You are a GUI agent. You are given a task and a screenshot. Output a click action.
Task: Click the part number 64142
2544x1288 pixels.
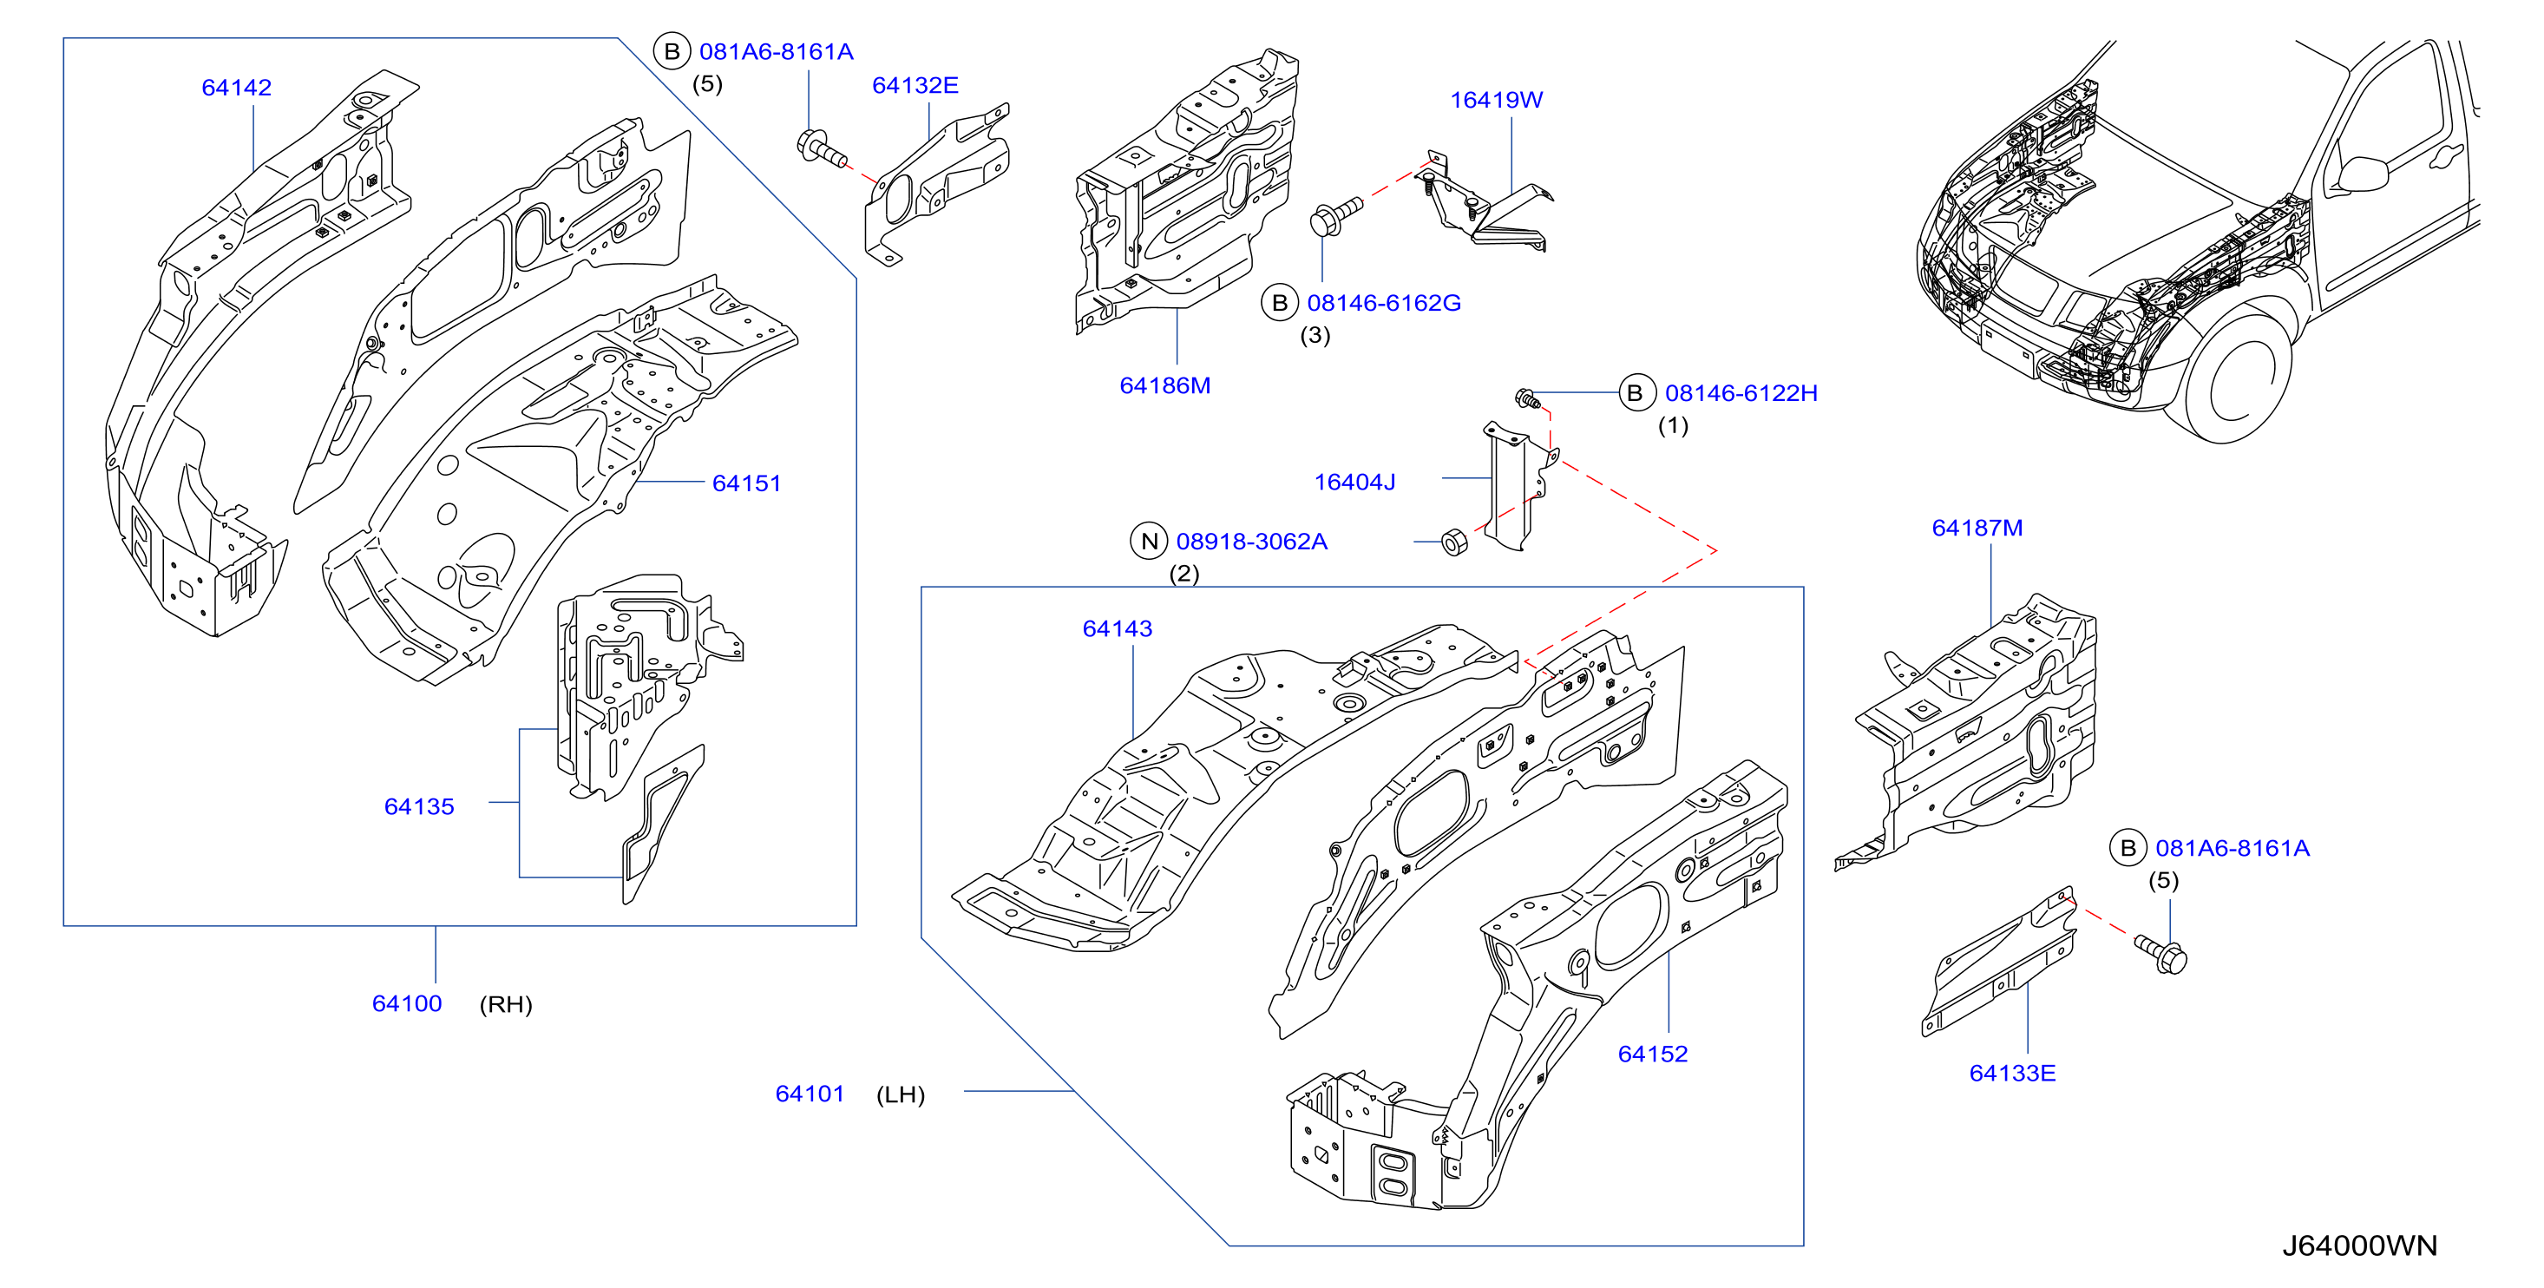click(x=236, y=88)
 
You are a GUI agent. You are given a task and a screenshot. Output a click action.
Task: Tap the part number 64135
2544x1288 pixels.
click(x=419, y=807)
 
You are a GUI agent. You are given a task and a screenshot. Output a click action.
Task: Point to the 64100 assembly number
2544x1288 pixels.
click(x=407, y=1003)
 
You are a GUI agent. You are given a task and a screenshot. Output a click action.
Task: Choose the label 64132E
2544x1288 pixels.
click(x=915, y=86)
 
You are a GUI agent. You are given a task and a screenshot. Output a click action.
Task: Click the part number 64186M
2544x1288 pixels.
click(x=1164, y=386)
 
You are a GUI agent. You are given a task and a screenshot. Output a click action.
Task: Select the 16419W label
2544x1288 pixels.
click(x=1495, y=101)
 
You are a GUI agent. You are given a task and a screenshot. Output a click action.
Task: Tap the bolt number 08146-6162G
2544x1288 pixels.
click(x=1384, y=303)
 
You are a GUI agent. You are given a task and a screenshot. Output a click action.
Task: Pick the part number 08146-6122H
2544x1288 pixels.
click(x=1741, y=393)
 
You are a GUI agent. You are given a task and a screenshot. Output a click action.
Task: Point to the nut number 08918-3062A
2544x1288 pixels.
click(x=1251, y=542)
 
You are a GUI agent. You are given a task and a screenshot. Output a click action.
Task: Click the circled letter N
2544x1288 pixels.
click(x=1149, y=542)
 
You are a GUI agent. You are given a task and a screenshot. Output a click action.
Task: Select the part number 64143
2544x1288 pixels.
click(x=1117, y=629)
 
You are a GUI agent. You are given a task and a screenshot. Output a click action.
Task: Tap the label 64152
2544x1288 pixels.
click(x=1652, y=1054)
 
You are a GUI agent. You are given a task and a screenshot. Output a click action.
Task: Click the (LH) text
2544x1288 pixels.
click(x=900, y=1094)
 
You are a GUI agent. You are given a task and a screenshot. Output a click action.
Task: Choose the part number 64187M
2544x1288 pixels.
click(x=1977, y=529)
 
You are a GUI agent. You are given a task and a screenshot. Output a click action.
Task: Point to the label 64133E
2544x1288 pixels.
click(x=2012, y=1073)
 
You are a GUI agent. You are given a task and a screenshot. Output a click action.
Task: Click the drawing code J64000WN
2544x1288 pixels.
click(x=2359, y=1245)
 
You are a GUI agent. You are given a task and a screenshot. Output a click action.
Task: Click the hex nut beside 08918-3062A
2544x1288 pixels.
click(x=1453, y=542)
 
